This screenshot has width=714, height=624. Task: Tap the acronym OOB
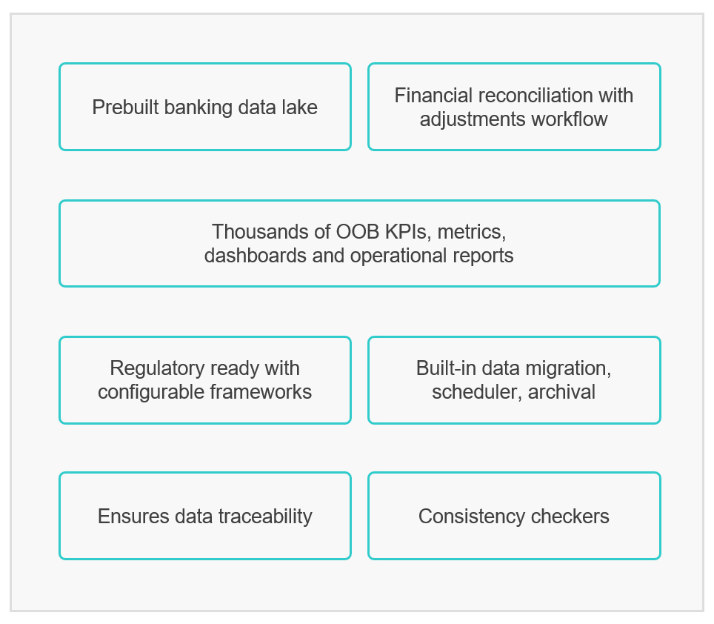[358, 232]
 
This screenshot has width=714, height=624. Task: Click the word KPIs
[408, 232]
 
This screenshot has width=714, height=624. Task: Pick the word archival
[561, 392]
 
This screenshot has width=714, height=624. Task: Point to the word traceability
[265, 517]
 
